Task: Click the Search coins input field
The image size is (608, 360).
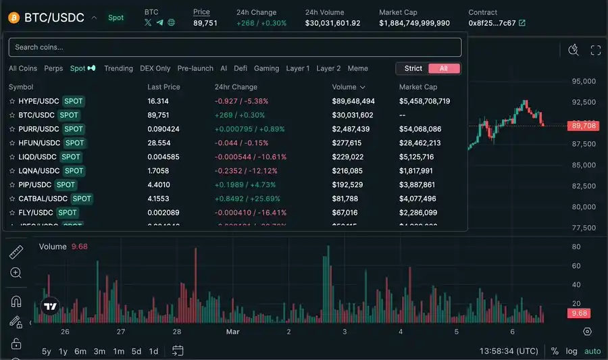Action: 234,47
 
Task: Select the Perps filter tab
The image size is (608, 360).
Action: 53,68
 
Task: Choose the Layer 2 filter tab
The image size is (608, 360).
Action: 328,68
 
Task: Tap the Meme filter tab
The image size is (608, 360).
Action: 358,68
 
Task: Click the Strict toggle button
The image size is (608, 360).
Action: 413,68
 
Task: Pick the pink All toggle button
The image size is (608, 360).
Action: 444,68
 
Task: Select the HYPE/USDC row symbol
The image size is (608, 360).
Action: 39,101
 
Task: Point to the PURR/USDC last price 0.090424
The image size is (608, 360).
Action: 163,129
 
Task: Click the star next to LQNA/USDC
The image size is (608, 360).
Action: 12,171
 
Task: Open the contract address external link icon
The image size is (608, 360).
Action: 522,23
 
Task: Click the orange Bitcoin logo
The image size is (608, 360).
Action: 13,18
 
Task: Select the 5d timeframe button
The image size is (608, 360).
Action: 136,351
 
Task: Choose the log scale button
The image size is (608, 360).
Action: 572,351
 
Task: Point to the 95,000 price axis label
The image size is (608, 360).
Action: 583,81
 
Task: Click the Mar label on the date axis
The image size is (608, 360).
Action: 232,332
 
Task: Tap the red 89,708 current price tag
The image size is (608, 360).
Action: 584,126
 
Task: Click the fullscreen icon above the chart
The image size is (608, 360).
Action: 595,50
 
